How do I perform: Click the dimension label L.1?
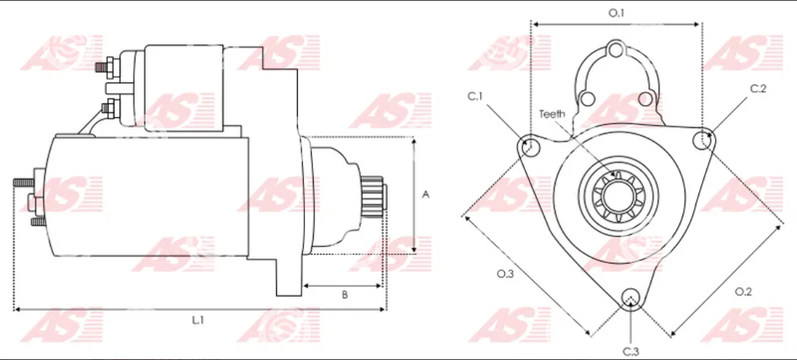[x=198, y=320]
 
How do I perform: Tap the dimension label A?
[x=426, y=195]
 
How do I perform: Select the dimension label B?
[x=344, y=295]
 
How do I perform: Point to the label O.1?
[x=616, y=13]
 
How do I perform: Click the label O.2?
[x=743, y=291]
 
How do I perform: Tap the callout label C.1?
[x=475, y=97]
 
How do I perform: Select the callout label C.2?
[x=759, y=88]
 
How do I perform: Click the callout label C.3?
[x=631, y=351]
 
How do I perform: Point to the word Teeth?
[x=552, y=114]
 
